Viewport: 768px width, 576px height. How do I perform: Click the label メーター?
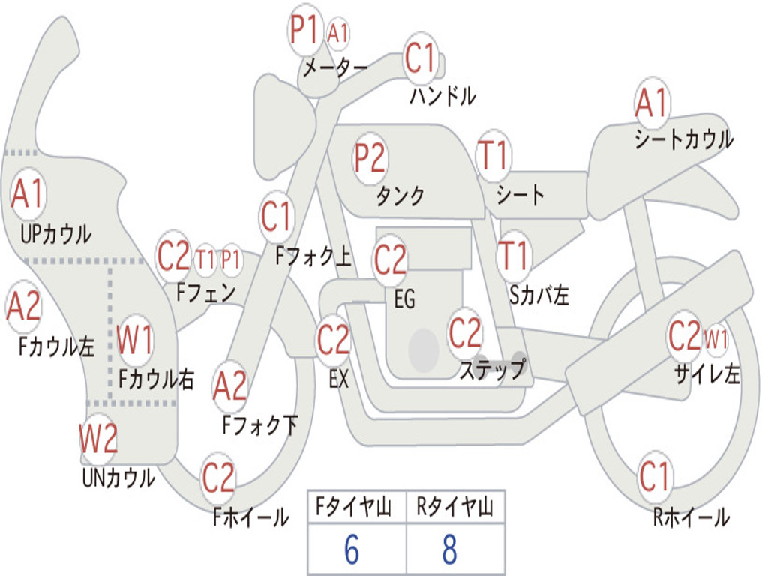click(x=335, y=67)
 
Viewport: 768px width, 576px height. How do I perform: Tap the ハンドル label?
click(x=442, y=96)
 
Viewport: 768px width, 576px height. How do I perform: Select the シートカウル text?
click(x=684, y=139)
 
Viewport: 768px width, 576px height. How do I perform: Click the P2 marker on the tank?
click(x=370, y=158)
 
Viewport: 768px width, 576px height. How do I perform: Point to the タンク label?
click(x=400, y=196)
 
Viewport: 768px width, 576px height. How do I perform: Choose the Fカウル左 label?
click(x=55, y=346)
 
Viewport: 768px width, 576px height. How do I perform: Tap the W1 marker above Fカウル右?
click(x=135, y=340)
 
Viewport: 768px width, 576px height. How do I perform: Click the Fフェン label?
click(x=205, y=292)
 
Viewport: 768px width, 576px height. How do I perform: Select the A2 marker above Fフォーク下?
click(x=230, y=387)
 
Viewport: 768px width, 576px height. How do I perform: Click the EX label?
click(x=338, y=379)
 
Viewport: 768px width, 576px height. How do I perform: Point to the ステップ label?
click(x=492, y=369)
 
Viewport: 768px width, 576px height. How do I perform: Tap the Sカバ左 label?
click(x=538, y=294)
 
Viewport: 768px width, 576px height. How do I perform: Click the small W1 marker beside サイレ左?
click(x=715, y=338)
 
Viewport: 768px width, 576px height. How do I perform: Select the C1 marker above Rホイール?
click(x=654, y=476)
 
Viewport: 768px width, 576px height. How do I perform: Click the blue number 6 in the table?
click(x=352, y=550)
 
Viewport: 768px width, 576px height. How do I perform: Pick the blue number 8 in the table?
click(x=450, y=550)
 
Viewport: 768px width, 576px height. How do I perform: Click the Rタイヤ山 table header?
click(x=454, y=507)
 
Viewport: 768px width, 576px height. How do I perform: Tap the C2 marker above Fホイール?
click(x=218, y=477)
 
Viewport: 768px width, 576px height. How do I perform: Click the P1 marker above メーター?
click(x=305, y=29)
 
